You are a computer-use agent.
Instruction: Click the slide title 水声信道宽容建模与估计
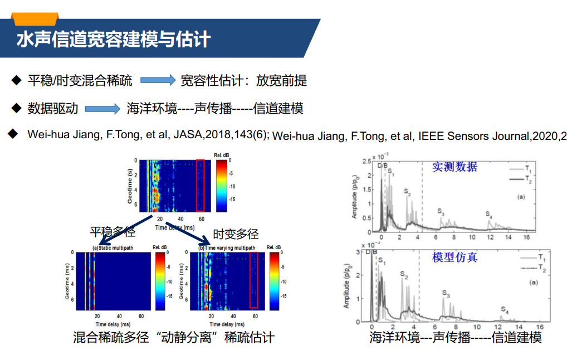(x=114, y=40)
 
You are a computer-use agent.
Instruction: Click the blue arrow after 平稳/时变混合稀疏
(x=158, y=81)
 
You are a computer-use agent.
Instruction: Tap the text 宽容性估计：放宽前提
(x=243, y=81)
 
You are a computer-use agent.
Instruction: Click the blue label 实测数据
(x=454, y=167)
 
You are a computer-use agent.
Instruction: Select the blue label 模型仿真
(x=454, y=257)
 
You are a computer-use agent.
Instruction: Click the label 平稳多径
(x=113, y=233)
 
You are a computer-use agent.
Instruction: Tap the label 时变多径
(x=236, y=234)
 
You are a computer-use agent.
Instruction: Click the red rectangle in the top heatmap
(x=201, y=185)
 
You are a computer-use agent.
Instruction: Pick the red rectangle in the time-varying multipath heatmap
(x=254, y=280)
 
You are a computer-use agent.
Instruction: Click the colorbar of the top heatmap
(x=222, y=186)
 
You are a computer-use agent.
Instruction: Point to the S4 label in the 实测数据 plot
(x=488, y=215)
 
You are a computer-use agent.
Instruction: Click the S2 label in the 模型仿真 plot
(x=404, y=275)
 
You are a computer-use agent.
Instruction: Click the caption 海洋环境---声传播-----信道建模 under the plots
(x=455, y=338)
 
